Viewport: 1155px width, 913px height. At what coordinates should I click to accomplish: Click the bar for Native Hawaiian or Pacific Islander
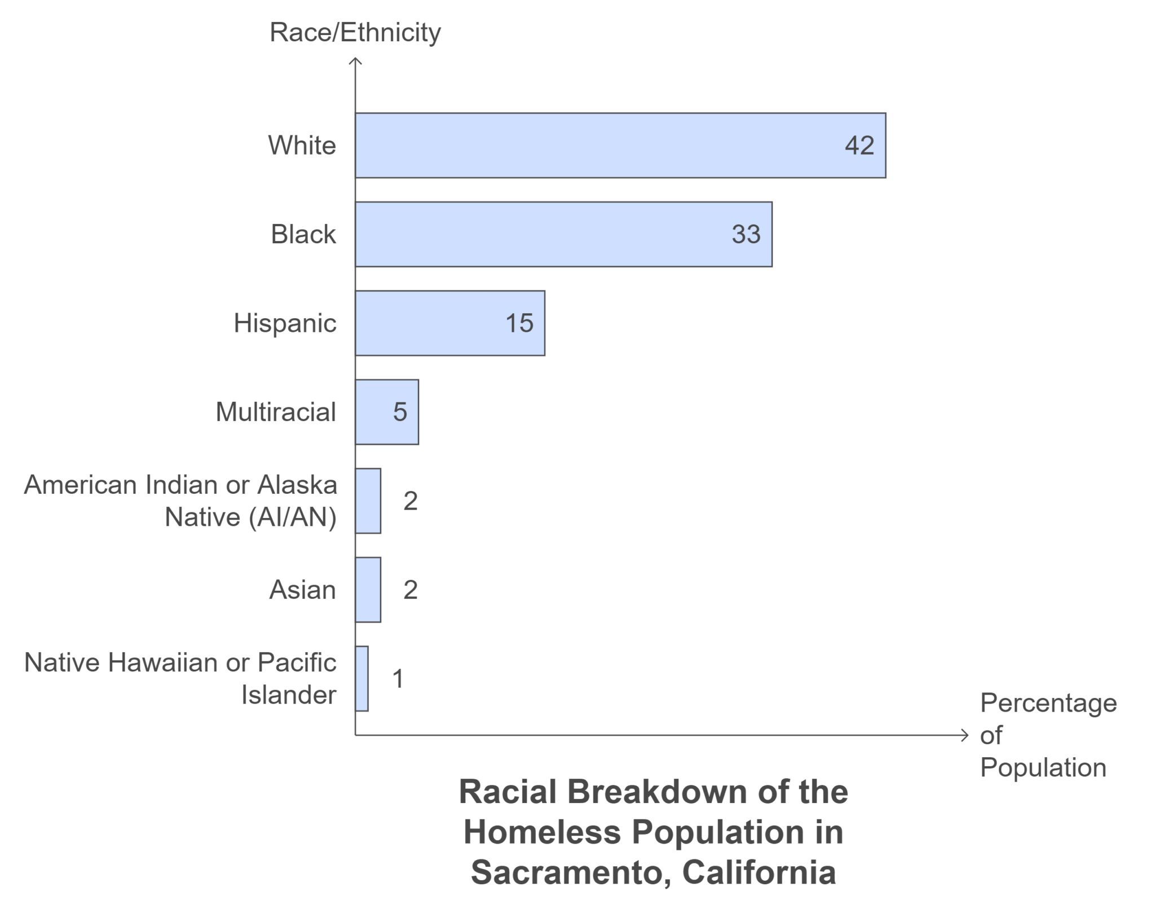coord(362,679)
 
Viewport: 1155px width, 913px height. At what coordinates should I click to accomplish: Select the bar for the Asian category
coord(368,590)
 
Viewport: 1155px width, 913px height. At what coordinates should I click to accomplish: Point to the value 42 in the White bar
coord(859,146)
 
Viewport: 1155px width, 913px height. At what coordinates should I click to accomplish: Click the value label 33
coord(746,234)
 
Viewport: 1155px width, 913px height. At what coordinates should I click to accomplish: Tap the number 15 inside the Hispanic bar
coord(519,323)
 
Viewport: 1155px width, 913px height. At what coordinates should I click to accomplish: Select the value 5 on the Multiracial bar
coord(400,412)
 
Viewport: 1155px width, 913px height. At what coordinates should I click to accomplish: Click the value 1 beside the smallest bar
coord(398,679)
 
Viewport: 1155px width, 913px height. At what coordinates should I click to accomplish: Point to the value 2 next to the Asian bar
coord(410,590)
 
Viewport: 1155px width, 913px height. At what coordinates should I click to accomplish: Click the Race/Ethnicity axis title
coord(355,32)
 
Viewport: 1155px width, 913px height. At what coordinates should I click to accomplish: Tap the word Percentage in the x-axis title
coord(1048,703)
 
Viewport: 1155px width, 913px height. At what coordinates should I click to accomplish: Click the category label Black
coord(303,234)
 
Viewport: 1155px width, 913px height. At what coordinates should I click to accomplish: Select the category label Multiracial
coord(275,412)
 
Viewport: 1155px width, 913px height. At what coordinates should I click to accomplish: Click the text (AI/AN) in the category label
coord(293,517)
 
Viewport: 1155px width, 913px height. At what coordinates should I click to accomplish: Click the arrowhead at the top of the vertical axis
coord(355,60)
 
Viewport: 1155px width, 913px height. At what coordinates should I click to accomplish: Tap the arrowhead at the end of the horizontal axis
coord(966,735)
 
